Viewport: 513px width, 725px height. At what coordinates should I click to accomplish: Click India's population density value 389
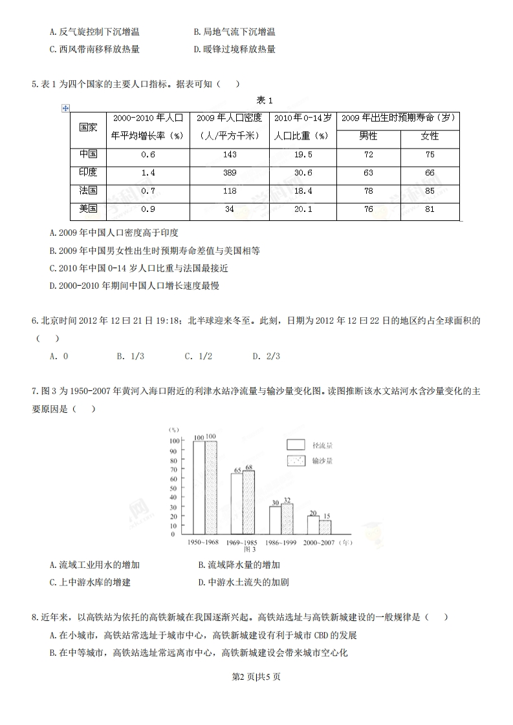pos(229,173)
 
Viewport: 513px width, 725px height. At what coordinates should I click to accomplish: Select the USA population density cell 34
pos(229,209)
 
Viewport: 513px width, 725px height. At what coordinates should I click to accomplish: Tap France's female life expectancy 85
pos(430,191)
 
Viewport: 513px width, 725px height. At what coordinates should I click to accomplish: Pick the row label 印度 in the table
pos(88,173)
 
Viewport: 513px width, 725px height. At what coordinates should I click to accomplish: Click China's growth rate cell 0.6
pos(148,154)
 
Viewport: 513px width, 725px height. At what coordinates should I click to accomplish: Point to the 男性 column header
pos(368,136)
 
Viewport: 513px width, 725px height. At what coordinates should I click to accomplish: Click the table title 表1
pos(265,100)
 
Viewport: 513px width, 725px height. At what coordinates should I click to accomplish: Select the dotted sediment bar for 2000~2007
pos(325,527)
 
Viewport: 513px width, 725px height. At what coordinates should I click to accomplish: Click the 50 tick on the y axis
pos(173,487)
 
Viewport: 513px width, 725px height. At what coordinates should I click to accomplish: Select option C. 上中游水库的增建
pos(90,582)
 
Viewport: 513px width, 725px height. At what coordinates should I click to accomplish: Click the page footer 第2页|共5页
pos(256,677)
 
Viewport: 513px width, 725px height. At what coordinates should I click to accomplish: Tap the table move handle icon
pos(65,108)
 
